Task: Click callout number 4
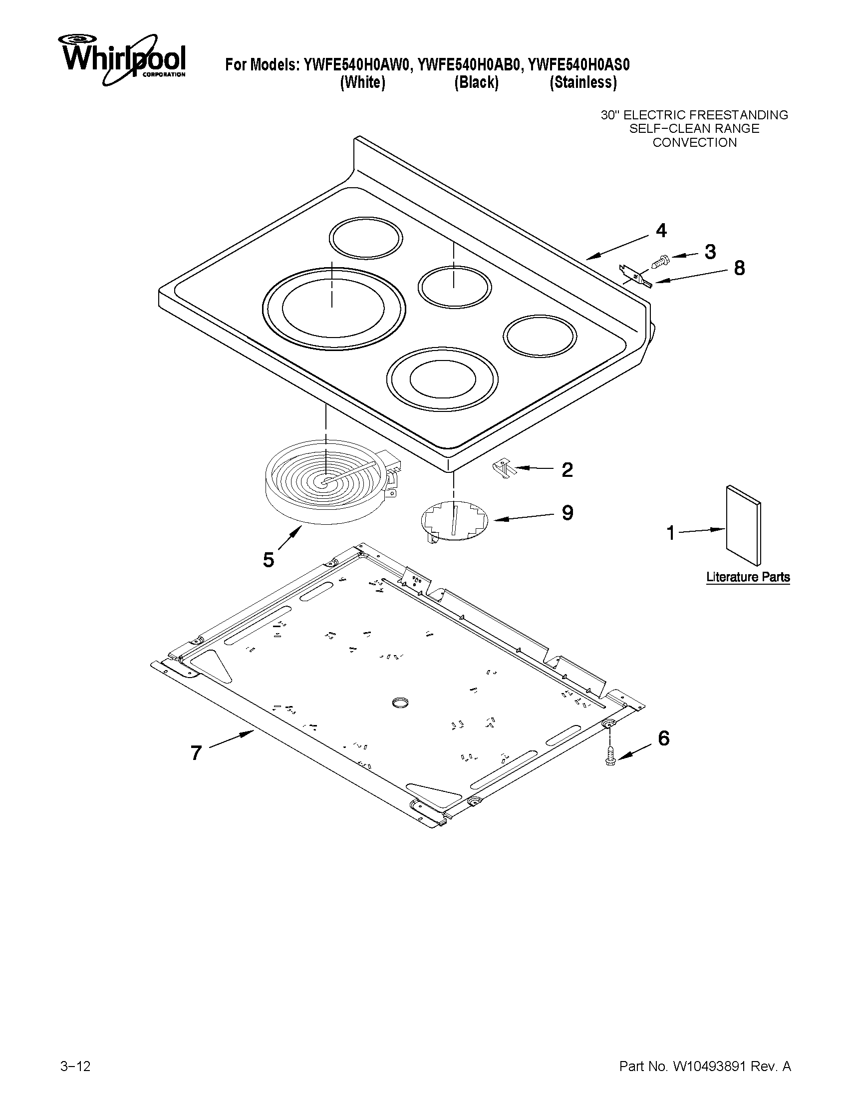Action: [661, 231]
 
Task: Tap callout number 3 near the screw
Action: [710, 252]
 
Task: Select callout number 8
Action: [739, 268]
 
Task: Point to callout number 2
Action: [567, 470]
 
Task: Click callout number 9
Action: [567, 513]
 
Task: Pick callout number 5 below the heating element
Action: [269, 560]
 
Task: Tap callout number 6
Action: [663, 738]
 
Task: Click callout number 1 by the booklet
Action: [671, 532]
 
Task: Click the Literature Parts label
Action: [747, 577]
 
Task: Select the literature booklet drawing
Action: [743, 525]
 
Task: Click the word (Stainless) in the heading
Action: [582, 82]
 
